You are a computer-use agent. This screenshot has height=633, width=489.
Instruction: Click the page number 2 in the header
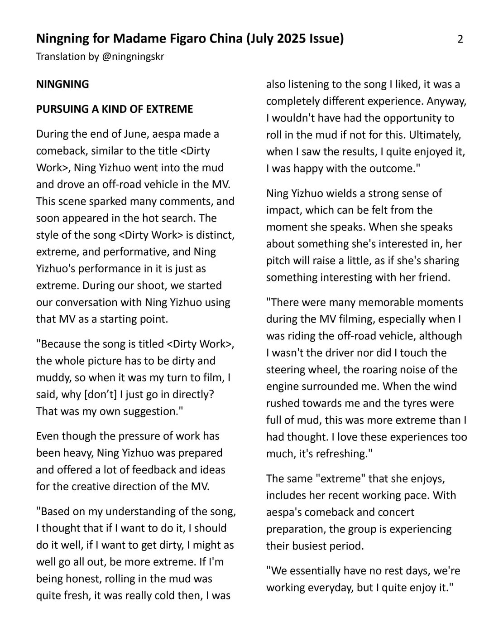[x=460, y=39]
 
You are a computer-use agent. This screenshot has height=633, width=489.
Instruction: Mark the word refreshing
[x=340, y=454]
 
